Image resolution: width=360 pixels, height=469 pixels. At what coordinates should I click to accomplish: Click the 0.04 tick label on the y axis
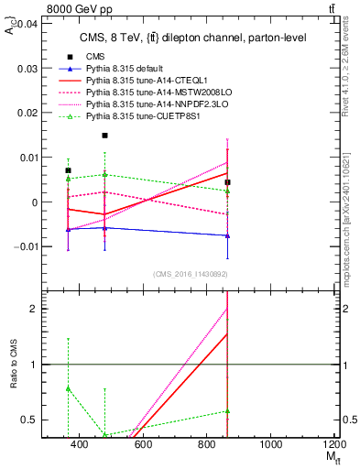coord(25,24)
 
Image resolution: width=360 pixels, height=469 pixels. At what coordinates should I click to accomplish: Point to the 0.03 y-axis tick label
coord(25,68)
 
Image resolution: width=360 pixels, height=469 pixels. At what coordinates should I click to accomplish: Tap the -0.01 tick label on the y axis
coord(23,246)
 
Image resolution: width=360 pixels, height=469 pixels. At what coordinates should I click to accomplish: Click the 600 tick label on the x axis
coord(142,444)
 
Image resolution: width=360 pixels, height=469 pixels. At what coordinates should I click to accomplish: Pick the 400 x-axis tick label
coord(78,444)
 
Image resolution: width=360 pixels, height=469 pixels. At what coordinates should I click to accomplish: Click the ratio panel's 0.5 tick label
coord(29,420)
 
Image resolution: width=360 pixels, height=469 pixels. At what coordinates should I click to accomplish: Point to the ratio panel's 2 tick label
coord(33,309)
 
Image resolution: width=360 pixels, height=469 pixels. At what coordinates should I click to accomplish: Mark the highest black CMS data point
coord(105,136)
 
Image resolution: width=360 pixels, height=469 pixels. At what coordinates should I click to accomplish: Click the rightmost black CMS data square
coord(227,182)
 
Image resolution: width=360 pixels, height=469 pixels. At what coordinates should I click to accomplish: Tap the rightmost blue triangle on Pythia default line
coord(227,235)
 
